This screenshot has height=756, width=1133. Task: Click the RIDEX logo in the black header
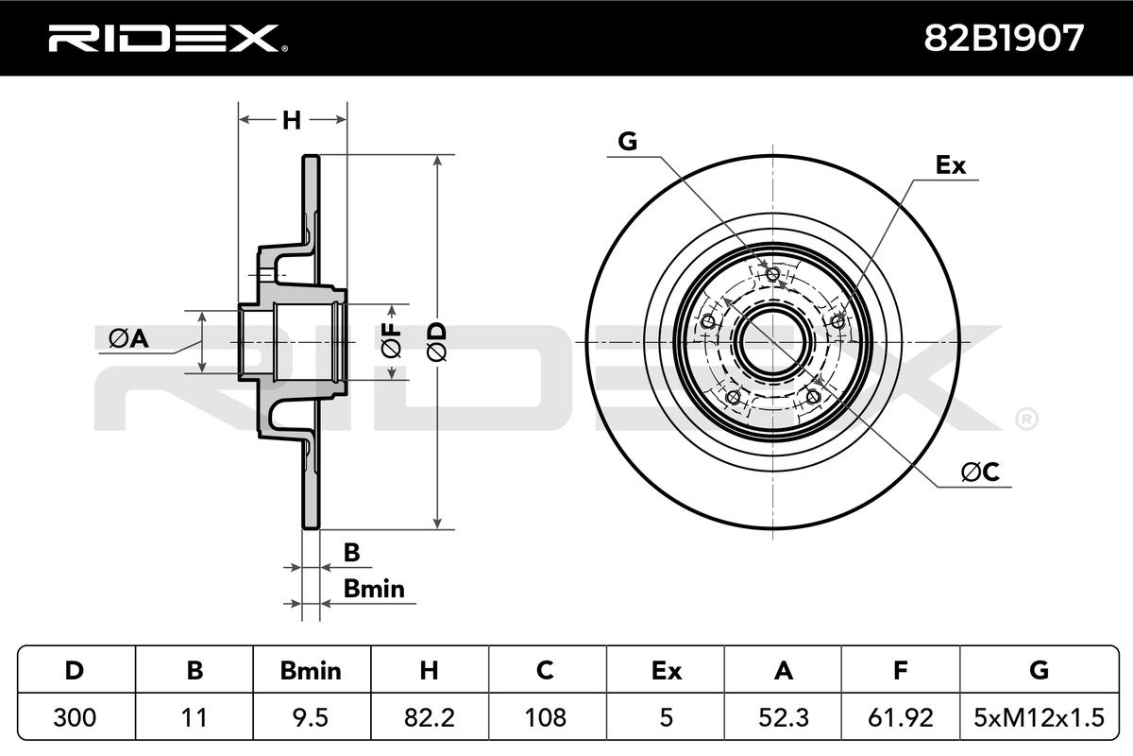(168, 39)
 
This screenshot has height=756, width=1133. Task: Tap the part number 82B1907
(1004, 38)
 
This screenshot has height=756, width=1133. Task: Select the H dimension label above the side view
(292, 120)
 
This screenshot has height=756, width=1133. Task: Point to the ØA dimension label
(129, 338)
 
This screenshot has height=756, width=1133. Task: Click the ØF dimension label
(392, 340)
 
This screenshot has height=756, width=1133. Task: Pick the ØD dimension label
(437, 341)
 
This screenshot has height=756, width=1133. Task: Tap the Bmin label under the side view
(374, 589)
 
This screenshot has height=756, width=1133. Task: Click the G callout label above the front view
(627, 141)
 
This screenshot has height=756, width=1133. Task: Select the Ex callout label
(951, 165)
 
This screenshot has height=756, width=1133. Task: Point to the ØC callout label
(980, 472)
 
